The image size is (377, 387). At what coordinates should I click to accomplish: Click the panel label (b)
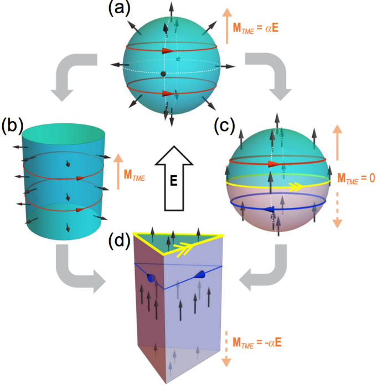[12, 125]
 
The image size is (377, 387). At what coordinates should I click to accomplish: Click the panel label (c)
[224, 125]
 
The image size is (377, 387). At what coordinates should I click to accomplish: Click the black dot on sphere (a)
[163, 74]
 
